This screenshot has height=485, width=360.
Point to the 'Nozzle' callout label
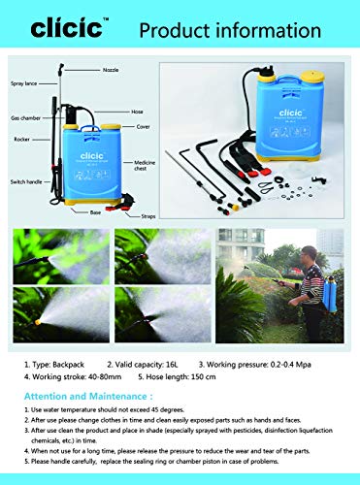click(112, 71)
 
